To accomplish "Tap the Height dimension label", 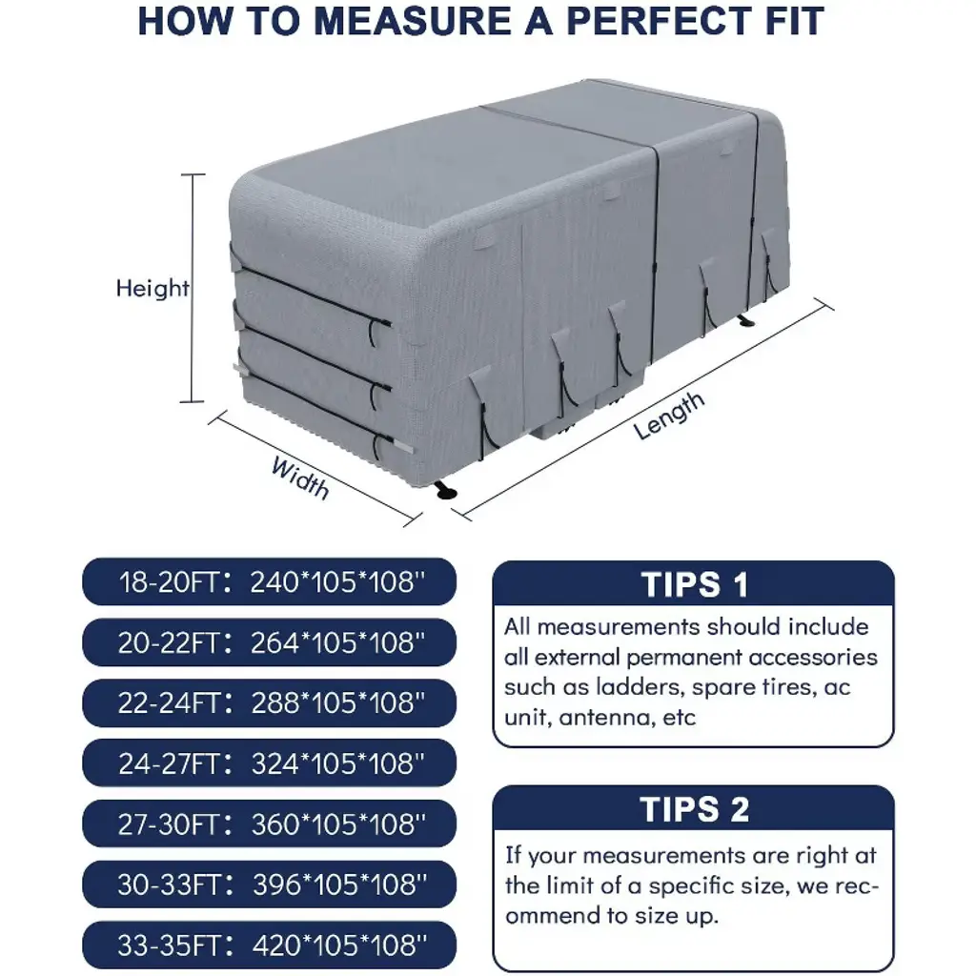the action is pos(152,288).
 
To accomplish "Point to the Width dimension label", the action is pos(300,478).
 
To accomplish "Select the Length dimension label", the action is pos(668,416).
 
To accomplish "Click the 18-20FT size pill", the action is pos(269,581).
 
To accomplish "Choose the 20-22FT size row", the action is pos(269,641).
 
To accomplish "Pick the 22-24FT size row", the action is pos(269,702).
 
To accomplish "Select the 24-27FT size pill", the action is pos(269,763).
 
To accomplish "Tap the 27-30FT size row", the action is pos(269,823).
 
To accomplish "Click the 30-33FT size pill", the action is pos(269,884).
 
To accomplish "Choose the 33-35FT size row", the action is pos(269,945).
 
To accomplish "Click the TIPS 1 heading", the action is pos(694,584).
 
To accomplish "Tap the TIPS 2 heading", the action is pos(694,809).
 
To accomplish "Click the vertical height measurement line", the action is pos(193,288).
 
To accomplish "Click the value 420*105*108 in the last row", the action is pos(339,945).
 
